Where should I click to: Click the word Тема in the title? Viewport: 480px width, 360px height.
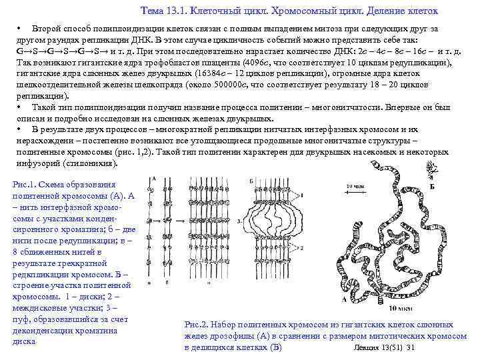tap(155, 11)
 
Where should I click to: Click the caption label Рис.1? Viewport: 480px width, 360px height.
tap(25, 185)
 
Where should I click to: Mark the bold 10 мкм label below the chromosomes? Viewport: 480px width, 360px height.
tap(399, 309)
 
